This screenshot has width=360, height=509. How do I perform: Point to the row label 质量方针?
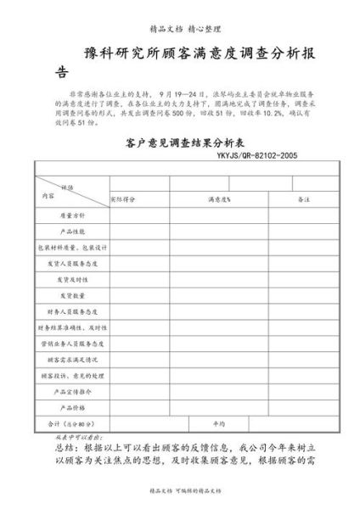pos(71,215)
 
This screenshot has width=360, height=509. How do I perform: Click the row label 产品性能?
pos(71,232)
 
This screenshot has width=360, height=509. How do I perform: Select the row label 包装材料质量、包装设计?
pos(71,248)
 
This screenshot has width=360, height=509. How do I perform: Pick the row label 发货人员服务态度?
pos(71,264)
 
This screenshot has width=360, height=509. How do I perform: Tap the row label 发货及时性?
pos(71,279)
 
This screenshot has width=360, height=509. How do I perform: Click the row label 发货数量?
pos(71,295)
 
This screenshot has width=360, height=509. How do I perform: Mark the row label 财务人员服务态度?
pos(71,311)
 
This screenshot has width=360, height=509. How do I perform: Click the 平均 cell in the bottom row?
pos(218,422)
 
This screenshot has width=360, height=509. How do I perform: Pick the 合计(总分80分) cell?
pos(71,422)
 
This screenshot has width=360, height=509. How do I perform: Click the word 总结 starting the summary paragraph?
pos(65,445)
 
